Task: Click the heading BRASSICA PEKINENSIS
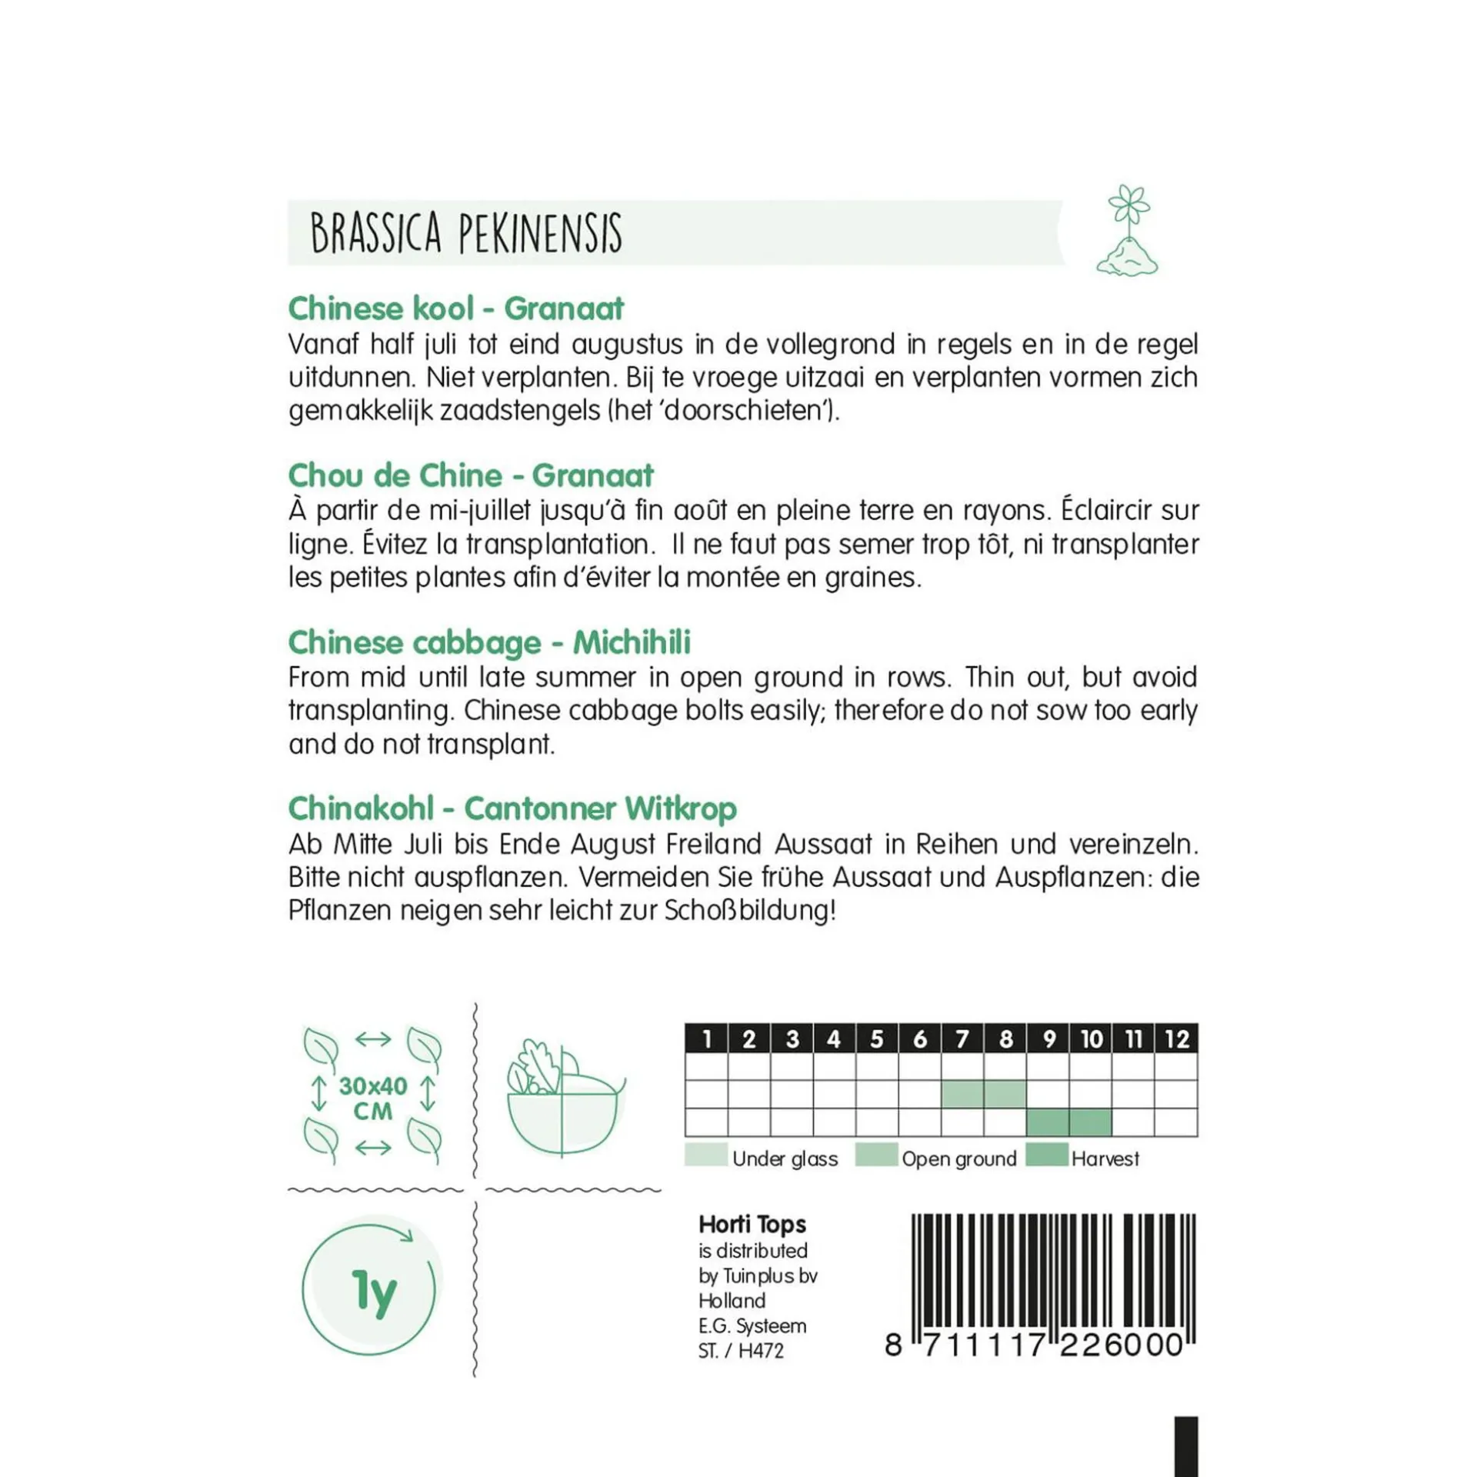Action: click(465, 232)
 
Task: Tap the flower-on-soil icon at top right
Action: click(1127, 231)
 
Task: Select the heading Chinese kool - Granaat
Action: click(455, 308)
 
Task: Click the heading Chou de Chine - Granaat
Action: click(470, 475)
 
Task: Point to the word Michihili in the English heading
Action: click(632, 642)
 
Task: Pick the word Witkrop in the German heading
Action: click(680, 809)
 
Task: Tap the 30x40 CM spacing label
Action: click(373, 1098)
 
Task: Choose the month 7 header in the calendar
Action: click(962, 1039)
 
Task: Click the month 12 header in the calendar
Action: click(1176, 1039)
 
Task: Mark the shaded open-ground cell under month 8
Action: click(1005, 1093)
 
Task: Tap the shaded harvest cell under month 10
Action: click(1090, 1122)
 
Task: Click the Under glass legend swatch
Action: click(705, 1155)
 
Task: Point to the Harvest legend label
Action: click(1105, 1159)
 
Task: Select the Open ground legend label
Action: click(959, 1159)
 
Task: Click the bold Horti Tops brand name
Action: click(752, 1224)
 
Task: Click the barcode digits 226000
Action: click(1121, 1345)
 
